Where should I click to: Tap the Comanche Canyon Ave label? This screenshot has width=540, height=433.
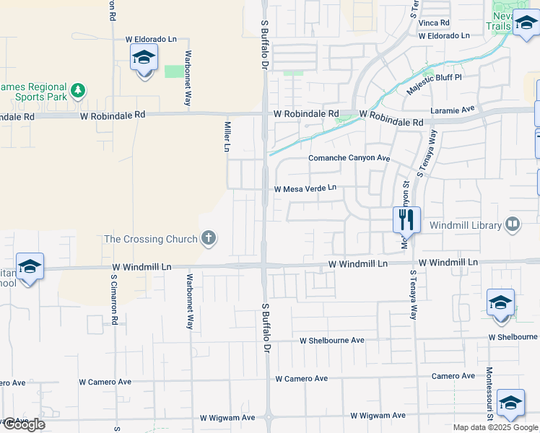[349, 158]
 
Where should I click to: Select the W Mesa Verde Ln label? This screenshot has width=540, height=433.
[305, 188]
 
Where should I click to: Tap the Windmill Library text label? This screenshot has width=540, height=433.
[466, 225]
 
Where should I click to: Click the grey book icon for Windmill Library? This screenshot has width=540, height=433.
[513, 224]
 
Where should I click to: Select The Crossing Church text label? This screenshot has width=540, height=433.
[151, 238]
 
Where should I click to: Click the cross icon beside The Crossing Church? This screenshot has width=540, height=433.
[209, 237]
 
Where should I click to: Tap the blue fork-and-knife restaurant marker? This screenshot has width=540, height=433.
[406, 219]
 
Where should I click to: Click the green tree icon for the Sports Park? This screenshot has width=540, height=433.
[78, 91]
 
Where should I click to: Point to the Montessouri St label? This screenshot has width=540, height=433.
[489, 393]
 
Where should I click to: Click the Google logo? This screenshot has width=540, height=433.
[23, 424]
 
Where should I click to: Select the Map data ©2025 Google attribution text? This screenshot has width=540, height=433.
[495, 427]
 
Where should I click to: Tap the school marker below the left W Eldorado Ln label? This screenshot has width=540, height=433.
[144, 57]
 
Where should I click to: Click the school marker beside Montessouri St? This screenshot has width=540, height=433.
[510, 403]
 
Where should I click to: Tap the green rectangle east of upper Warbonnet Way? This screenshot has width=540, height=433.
[174, 71]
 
